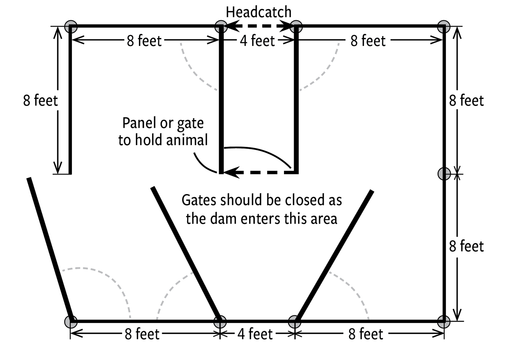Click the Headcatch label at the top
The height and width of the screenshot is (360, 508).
coord(259,12)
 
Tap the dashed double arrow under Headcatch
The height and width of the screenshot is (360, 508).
coord(259,26)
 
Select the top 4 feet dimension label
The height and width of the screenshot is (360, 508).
coord(257,41)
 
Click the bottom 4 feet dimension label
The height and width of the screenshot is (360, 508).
coord(255,334)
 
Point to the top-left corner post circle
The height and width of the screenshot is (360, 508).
coord(71,26)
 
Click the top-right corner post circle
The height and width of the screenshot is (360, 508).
coord(443,26)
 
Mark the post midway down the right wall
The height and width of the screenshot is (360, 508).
coord(444,174)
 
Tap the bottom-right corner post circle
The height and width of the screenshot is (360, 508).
coord(443,322)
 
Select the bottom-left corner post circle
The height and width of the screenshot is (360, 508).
coord(71,322)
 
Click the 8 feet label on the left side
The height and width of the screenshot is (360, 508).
coord(40,101)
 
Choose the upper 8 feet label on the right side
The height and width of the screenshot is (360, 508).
coord(466,101)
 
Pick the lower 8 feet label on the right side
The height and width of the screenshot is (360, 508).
coord(466,246)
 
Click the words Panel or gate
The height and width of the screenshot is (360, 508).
coord(163,123)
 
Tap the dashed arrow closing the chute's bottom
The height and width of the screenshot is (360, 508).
coord(259,173)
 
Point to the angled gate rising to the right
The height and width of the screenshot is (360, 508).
coord(334,256)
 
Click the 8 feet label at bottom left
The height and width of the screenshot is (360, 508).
coord(142,334)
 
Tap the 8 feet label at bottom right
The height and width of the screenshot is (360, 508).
coord(365,334)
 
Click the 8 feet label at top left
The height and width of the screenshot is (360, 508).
coord(144,41)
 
